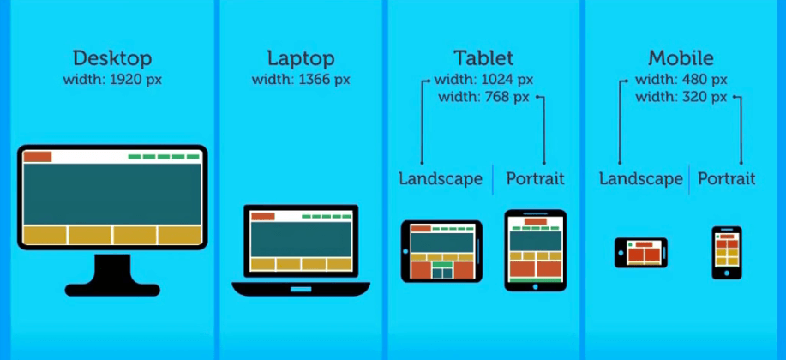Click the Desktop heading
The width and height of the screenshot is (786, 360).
[x=112, y=58]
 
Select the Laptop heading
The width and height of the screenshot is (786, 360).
[x=301, y=58]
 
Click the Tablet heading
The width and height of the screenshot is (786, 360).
[x=483, y=57]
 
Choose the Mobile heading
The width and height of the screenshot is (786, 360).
[x=681, y=57]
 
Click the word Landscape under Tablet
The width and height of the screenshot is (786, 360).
[x=441, y=178]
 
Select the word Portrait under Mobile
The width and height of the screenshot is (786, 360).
[x=727, y=178]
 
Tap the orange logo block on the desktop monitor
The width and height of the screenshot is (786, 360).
[x=38, y=157]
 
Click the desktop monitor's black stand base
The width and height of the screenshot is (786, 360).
[x=112, y=290]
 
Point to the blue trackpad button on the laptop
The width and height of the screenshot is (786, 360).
[x=301, y=290]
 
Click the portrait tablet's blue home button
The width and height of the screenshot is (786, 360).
[x=536, y=287]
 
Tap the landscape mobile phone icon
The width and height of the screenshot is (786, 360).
[x=641, y=253]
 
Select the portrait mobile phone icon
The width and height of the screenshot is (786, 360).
[x=727, y=253]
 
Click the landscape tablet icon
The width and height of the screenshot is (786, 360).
[x=441, y=251]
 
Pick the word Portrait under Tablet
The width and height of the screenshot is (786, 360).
[x=536, y=178]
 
